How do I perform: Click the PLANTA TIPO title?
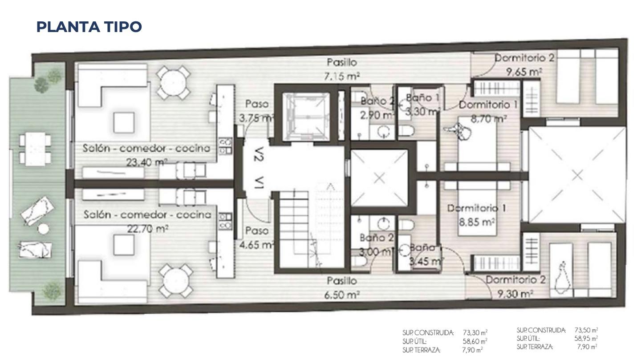(x=89, y=27)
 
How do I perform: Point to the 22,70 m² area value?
(x=147, y=228)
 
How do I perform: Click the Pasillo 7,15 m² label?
(x=342, y=69)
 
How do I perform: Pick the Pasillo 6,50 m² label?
(x=342, y=287)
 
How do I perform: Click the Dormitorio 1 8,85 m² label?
(x=476, y=215)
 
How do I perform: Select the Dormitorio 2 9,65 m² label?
(x=524, y=65)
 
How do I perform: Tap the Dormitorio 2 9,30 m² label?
(x=515, y=287)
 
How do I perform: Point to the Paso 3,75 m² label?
(x=257, y=111)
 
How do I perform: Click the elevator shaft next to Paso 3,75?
(x=306, y=117)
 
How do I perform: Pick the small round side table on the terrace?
(x=44, y=229)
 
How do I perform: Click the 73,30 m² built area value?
(x=475, y=333)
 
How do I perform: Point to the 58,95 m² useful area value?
(x=586, y=339)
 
